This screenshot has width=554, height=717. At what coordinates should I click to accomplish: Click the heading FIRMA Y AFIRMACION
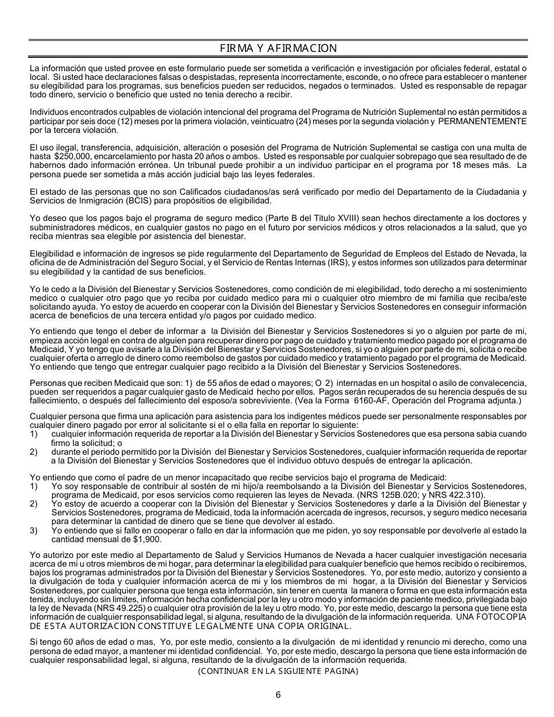click(278, 48)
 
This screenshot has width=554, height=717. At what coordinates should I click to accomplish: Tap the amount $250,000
click(69, 157)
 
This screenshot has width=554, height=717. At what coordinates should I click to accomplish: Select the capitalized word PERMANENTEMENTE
click(482, 121)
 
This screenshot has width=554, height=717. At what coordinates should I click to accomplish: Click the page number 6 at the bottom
click(278, 694)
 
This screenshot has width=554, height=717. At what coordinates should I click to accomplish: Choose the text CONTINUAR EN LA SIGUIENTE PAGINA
click(278, 671)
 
